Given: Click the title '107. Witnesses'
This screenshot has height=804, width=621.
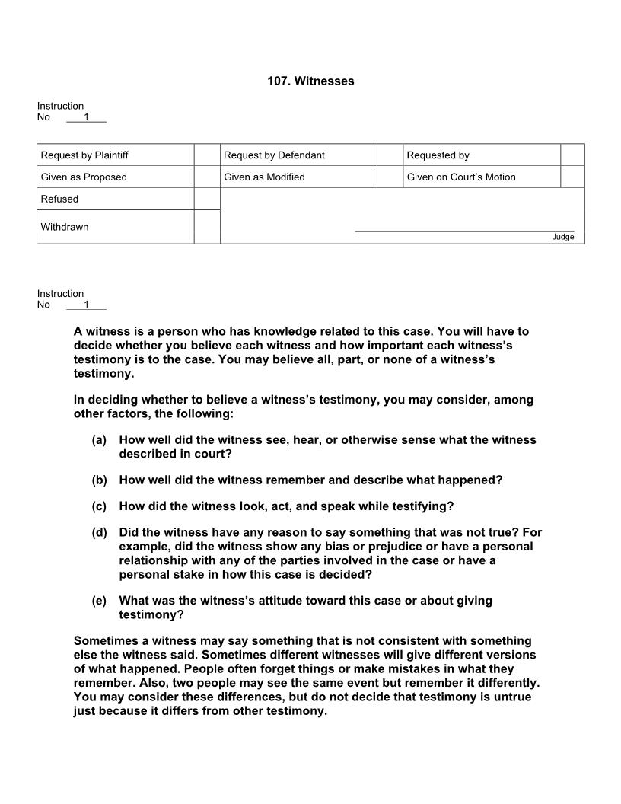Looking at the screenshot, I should pos(310,81).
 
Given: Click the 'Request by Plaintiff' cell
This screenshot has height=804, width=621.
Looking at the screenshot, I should pos(84,155).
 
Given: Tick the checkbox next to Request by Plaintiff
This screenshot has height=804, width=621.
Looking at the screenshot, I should pos(207,155).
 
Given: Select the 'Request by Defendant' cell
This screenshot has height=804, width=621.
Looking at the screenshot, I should pos(274,155).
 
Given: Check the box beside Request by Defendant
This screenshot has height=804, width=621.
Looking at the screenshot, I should pos(390,155).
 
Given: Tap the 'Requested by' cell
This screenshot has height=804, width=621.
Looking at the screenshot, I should pos(438,155).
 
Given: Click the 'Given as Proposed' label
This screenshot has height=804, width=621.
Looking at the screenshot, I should pos(84,177).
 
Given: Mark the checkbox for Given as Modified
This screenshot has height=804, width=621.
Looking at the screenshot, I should pos(390,177).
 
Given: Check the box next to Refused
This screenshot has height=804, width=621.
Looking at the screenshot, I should pos(207,199).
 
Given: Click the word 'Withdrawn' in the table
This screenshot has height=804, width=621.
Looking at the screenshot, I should pos(65,227).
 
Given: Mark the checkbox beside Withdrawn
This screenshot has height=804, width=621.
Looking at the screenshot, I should pos(207,227).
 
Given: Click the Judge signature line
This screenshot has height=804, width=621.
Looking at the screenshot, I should pos(464,230).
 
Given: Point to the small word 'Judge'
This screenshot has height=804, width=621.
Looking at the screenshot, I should pos(563,237).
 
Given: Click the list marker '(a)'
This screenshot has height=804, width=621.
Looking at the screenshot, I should pos(99,440).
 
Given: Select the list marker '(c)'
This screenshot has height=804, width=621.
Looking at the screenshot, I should pos(99,506).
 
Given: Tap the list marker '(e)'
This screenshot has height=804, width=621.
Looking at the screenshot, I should pos(99,601).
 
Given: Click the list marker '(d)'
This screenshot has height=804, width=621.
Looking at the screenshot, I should pos(99,533).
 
